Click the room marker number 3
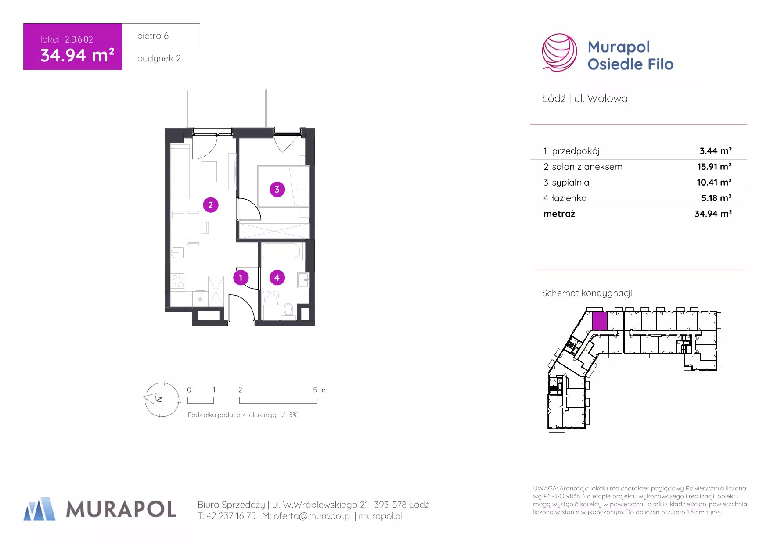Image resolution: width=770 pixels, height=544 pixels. click(x=277, y=190)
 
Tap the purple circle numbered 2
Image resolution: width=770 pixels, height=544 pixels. click(x=211, y=205)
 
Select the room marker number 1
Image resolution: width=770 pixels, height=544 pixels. click(x=241, y=277)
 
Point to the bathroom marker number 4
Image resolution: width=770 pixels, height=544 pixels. click(x=277, y=277)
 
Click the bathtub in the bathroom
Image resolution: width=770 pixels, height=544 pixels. click(x=281, y=252)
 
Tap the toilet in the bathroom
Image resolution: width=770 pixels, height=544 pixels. click(x=288, y=309)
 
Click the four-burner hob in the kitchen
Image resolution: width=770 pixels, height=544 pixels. click(x=178, y=281)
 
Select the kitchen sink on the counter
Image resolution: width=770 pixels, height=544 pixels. click(x=178, y=252)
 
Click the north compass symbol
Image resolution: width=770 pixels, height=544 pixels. click(x=162, y=399)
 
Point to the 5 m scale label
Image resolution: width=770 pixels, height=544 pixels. click(x=319, y=390)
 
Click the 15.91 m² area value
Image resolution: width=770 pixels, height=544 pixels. click(x=714, y=167)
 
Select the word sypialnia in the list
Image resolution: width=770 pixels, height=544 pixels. click(x=570, y=183)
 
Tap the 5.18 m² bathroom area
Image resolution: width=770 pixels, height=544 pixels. click(x=716, y=198)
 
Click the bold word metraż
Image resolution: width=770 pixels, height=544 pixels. click(x=559, y=214)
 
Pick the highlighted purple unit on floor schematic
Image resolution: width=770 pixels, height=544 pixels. click(x=600, y=321)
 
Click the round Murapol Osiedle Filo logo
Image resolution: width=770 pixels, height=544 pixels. click(x=560, y=53)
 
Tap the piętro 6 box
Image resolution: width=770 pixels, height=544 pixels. click(x=161, y=35)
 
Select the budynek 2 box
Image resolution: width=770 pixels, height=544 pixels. click(x=161, y=58)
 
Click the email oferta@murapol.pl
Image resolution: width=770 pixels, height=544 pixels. click(x=313, y=516)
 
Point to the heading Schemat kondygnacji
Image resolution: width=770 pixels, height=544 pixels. click(x=587, y=293)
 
